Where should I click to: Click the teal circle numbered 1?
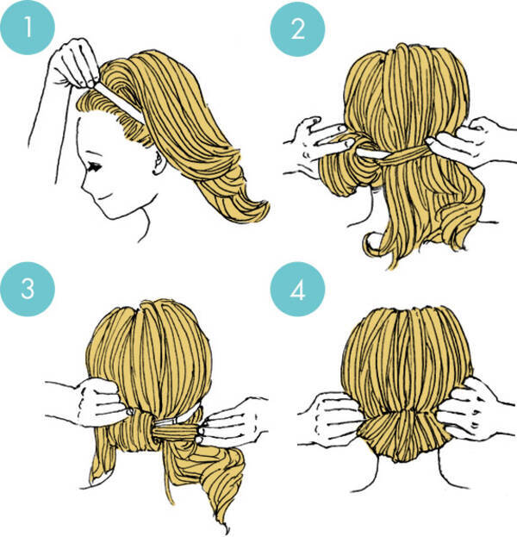click(28, 28)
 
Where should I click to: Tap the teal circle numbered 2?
click(297, 28)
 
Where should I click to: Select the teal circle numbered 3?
click(28, 289)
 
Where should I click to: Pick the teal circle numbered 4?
click(297, 290)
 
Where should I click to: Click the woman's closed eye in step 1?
click(94, 166)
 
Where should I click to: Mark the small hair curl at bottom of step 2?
click(371, 243)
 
